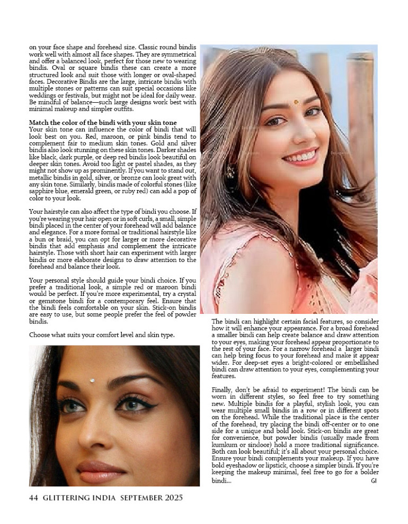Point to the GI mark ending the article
(374, 481)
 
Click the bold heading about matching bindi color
(103, 123)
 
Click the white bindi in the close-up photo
(93, 380)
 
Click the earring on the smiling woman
(229, 171)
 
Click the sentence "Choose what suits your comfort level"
(101, 335)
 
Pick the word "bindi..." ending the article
(221, 481)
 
